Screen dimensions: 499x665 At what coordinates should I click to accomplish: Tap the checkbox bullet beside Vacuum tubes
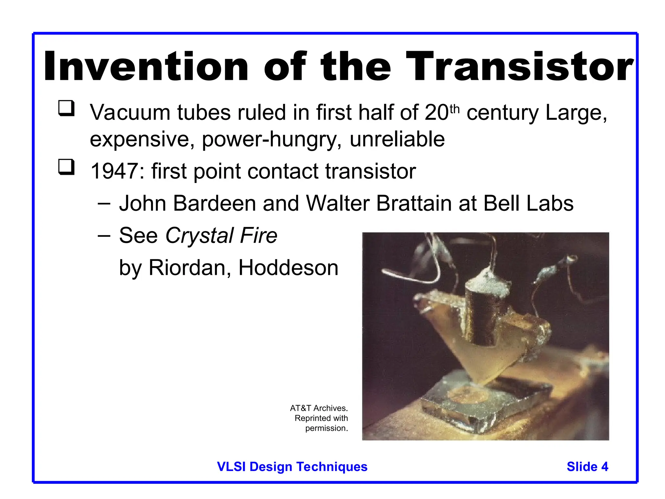pos(67,108)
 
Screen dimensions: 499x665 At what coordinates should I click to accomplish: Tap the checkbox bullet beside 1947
pos(67,167)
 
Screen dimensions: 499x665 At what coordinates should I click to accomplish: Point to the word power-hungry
pos(271,140)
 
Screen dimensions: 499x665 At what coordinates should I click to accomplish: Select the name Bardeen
pos(214,204)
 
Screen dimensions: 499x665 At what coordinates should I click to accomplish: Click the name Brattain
pos(414,204)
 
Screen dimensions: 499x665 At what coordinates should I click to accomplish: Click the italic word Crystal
pos(199,236)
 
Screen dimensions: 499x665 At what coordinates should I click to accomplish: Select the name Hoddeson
pos(288,268)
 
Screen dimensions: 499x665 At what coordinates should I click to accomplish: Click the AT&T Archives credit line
pos(319,408)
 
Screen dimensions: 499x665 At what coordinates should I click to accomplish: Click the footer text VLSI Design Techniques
pos(292,467)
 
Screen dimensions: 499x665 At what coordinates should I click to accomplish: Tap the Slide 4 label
pos(587,467)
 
